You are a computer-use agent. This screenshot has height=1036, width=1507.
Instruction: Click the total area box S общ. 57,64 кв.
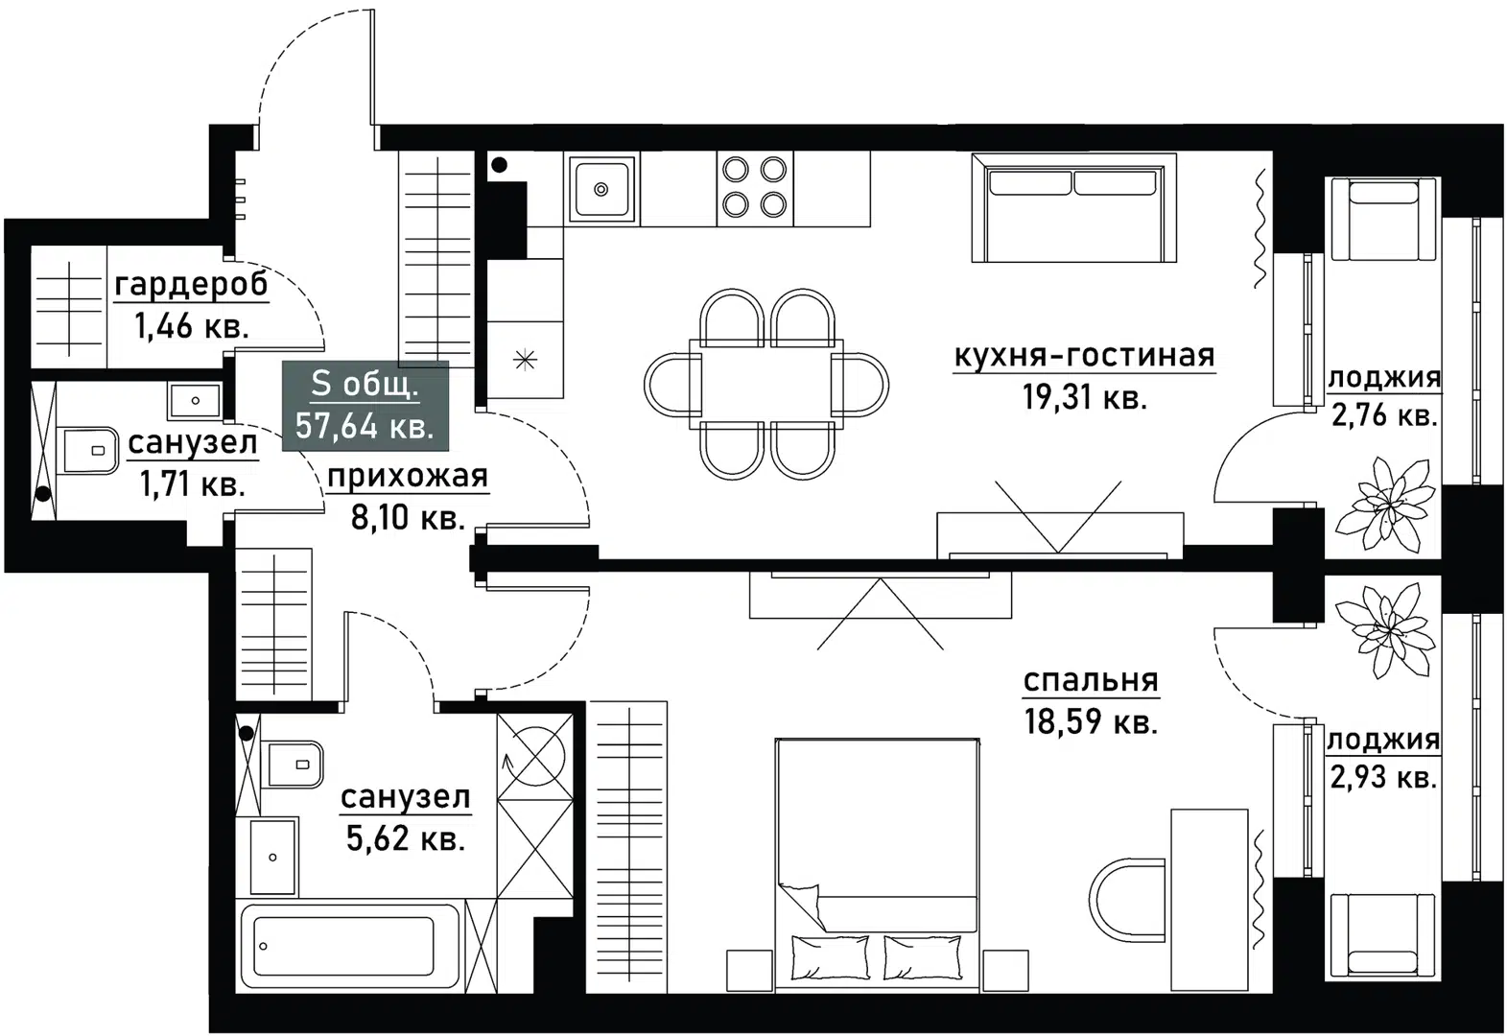(x=365, y=406)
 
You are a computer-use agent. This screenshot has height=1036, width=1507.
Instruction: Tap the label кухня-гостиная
(x=1084, y=357)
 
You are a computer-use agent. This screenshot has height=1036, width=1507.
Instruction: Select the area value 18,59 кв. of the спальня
(x=1091, y=721)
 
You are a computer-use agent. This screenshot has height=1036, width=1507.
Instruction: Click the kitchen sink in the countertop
(x=601, y=189)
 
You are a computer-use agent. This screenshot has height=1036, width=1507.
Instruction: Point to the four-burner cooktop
(x=754, y=187)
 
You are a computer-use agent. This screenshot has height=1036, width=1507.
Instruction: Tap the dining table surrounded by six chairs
(x=766, y=381)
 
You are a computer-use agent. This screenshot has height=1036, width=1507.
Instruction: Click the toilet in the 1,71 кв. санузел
(x=89, y=450)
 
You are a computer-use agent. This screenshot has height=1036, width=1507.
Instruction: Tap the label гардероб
(x=191, y=285)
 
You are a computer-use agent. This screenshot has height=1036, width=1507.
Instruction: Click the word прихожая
(x=408, y=476)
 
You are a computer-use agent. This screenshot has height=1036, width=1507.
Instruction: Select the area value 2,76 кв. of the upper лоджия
(x=1383, y=416)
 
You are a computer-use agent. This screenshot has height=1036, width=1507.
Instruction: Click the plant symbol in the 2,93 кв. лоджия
(x=1384, y=625)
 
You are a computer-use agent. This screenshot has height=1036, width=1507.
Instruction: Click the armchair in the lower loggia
(x=1382, y=934)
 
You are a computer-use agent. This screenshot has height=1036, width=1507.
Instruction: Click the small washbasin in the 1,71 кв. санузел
(x=195, y=400)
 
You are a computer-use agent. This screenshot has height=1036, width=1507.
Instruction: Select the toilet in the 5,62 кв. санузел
(x=293, y=764)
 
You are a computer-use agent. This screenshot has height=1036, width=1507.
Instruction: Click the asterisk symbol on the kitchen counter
(x=525, y=361)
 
